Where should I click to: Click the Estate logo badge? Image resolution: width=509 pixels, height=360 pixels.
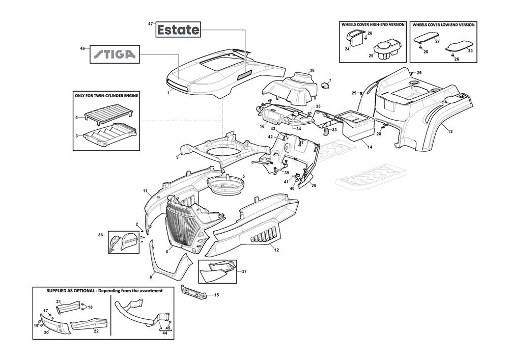pos(178,30)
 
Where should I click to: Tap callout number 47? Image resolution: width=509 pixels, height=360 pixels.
pos(150,24)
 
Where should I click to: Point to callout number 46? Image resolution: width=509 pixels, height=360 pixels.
pos(82,48)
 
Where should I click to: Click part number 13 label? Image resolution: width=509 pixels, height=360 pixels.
pos(450,132)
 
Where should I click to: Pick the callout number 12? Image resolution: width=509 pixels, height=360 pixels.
pos(276,250)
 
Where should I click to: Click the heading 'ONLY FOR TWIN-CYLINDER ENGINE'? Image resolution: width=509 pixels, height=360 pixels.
pos(107,96)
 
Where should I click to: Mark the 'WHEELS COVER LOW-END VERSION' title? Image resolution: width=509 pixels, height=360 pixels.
pos(443,24)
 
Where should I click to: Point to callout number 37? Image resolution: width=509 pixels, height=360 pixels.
pos(244,271)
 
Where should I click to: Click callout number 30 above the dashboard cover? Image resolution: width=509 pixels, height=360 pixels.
pos(312,70)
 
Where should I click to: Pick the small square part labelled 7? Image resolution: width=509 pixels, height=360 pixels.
pos(324,85)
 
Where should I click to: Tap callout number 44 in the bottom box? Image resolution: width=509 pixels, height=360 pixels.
pos(164,333)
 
